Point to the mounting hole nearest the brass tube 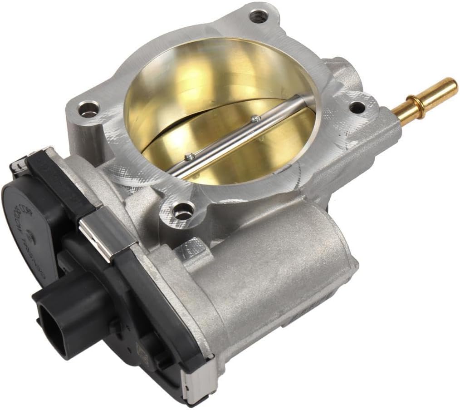tap(358, 108)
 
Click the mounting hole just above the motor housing tap(182, 211)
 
